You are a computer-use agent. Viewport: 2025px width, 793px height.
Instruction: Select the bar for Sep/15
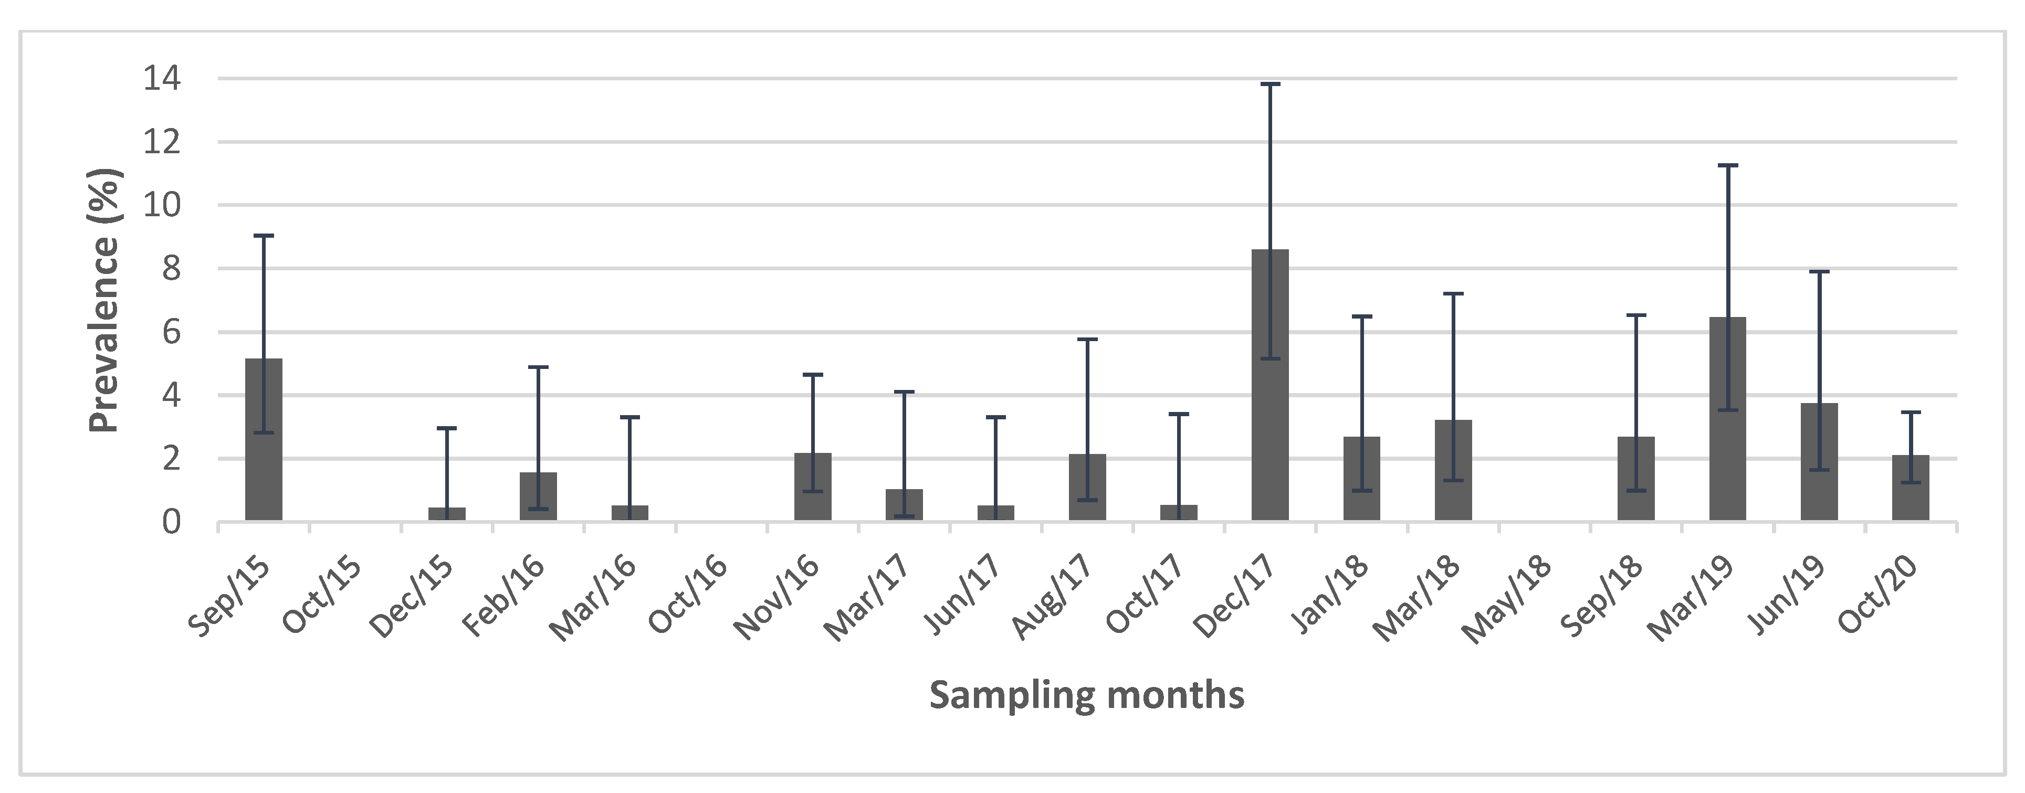click(x=264, y=440)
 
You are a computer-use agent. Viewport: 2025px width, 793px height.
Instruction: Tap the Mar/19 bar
click(x=1727, y=419)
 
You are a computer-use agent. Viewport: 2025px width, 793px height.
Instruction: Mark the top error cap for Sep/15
click(x=264, y=236)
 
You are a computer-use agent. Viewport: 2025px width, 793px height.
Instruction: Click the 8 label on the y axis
click(x=171, y=269)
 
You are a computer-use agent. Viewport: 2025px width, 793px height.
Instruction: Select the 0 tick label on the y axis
click(x=171, y=522)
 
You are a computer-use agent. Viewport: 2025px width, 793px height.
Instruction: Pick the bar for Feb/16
click(x=539, y=496)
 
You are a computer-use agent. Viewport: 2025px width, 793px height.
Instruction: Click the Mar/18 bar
click(x=1453, y=470)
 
